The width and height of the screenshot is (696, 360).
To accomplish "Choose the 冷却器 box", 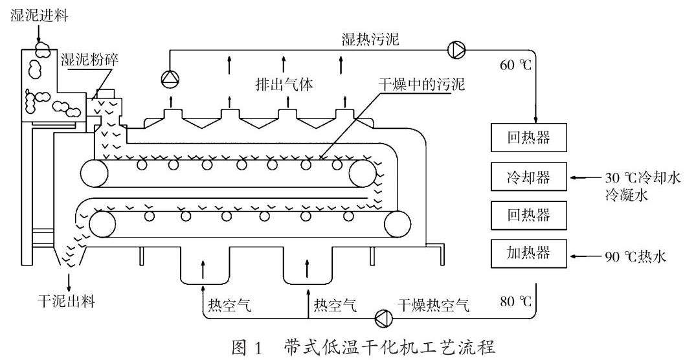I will point(529,176).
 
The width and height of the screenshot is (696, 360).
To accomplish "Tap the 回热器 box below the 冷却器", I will point(529,213).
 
